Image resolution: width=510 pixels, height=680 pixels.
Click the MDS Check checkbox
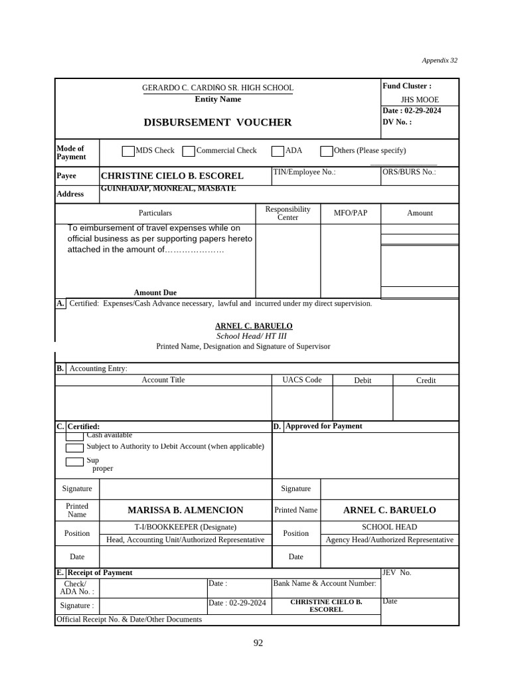point(128,151)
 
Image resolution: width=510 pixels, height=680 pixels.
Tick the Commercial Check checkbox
point(189,151)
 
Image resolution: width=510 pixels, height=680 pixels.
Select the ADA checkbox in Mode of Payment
point(278,151)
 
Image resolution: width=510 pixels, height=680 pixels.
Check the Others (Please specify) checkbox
point(326,151)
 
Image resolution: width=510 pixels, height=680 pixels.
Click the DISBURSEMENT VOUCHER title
point(217,122)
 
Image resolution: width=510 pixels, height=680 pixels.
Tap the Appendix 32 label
point(440,60)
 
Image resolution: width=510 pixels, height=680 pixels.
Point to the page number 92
point(258,643)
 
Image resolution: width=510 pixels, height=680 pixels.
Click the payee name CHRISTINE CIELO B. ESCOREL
point(171,176)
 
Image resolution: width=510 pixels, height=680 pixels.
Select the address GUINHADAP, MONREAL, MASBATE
point(167,189)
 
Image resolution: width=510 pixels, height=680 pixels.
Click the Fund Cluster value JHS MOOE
point(420,100)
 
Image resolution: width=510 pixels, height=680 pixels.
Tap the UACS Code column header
point(301,380)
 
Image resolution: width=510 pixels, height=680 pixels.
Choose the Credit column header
point(426,381)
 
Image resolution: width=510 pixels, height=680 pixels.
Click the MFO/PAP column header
point(350,213)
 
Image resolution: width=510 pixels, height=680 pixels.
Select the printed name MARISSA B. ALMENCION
point(185,510)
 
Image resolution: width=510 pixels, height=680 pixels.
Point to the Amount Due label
point(155,292)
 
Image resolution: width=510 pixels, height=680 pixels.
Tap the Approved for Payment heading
point(323,426)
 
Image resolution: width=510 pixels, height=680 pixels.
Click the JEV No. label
point(396,572)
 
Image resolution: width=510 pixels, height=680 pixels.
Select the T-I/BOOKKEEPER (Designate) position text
point(185,527)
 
